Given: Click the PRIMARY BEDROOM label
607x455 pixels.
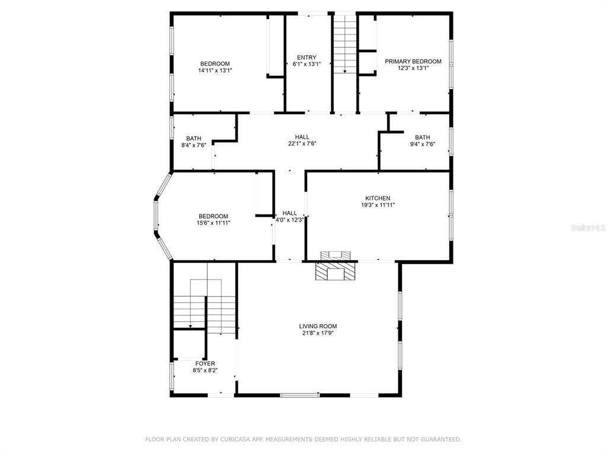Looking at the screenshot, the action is point(413,61).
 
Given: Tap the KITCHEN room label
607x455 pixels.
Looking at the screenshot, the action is point(378,198).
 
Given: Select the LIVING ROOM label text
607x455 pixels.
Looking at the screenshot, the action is point(318,326).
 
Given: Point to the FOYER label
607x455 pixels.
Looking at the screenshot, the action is point(205,364).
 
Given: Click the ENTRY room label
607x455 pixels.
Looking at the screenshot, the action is point(306,57).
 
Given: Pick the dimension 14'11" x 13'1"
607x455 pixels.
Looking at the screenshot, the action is point(215,71).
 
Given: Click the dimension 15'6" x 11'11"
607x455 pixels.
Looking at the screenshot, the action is point(213,223).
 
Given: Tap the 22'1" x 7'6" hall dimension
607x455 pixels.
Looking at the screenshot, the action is point(302,143).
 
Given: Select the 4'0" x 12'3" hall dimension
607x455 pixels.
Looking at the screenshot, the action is point(289,220).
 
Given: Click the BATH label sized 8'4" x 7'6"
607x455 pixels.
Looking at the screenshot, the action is point(194,139).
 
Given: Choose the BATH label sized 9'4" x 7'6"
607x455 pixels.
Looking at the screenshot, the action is point(422,137).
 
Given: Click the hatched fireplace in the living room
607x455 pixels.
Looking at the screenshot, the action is point(336,271).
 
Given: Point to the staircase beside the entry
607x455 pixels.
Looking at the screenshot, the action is point(344,43).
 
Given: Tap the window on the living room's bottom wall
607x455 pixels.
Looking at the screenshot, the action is point(299,395).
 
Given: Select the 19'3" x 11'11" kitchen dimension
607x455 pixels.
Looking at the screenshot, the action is point(378,205).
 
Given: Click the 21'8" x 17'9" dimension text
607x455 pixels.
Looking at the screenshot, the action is point(318,333).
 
